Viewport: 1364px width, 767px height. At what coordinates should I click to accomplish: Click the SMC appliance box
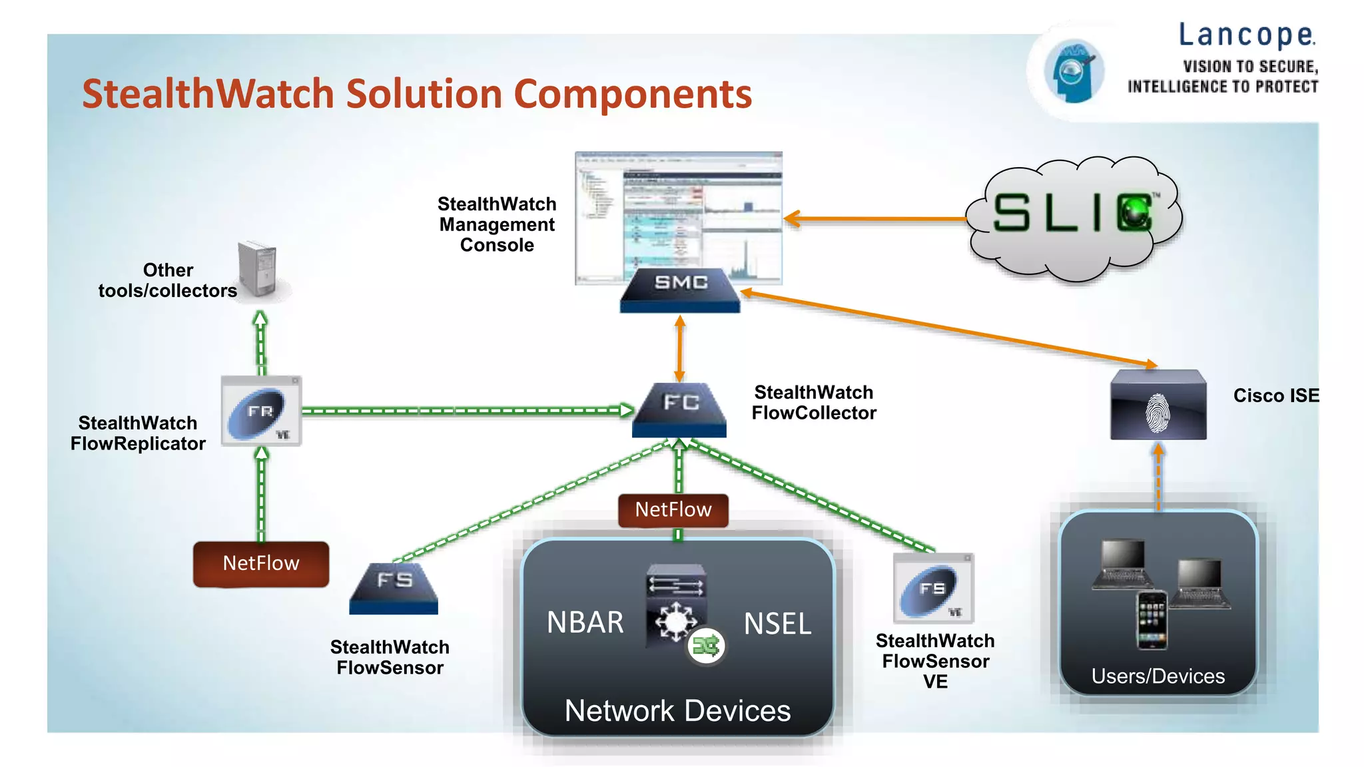coord(680,290)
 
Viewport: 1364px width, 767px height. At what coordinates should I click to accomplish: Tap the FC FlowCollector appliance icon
coord(679,409)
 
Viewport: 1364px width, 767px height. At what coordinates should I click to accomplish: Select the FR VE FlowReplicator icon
coord(261,411)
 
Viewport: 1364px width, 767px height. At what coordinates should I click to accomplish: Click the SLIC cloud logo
coord(1074,216)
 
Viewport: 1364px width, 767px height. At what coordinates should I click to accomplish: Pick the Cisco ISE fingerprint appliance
coord(1158,405)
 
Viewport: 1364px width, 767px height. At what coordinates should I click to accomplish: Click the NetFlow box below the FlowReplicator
coord(261,564)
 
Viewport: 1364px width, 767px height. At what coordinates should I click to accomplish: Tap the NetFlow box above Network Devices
coord(673,510)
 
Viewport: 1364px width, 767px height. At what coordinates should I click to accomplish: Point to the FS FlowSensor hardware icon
coord(394,589)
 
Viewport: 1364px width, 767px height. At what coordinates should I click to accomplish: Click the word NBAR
coord(585,623)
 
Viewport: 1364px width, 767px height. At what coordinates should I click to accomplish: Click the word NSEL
coord(777,624)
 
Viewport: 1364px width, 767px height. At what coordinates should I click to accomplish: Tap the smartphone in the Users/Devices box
coord(1152,620)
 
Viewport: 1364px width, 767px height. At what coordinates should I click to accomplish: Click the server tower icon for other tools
coord(258,270)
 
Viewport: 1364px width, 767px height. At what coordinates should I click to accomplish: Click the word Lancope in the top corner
coord(1247,35)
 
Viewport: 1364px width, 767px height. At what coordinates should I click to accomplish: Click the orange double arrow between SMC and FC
coord(680,348)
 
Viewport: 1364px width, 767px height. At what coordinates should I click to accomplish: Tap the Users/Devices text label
coord(1158,676)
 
